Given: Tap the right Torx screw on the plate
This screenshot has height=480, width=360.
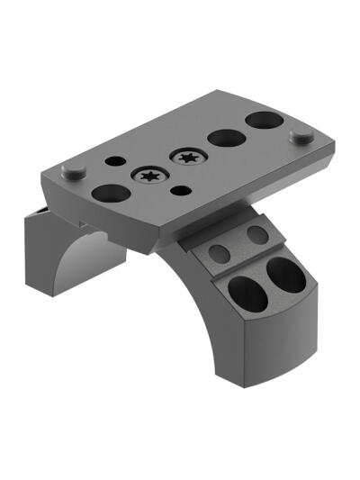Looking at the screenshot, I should point(188,158).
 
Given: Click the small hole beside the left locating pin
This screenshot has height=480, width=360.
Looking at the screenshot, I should point(114,162).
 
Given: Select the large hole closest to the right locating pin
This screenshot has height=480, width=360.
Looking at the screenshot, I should point(263,120).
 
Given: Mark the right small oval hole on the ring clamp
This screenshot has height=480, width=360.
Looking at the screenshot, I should point(257,235).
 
